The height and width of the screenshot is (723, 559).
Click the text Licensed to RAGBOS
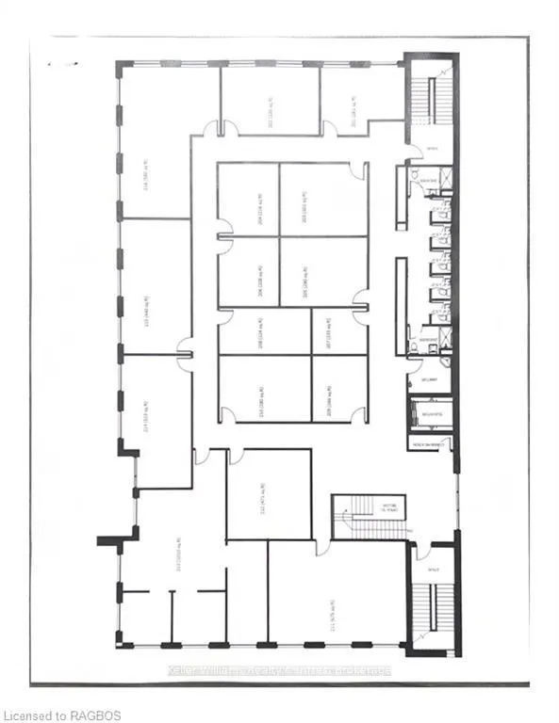pyautogui.click(x=62, y=715)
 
